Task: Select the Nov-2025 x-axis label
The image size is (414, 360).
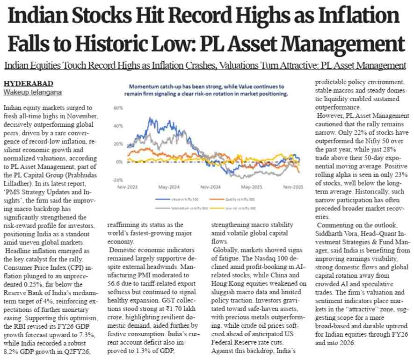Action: [x=292, y=187]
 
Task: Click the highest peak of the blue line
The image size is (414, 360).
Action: [x=150, y=118]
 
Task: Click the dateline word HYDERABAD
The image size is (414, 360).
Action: [x=23, y=84]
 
